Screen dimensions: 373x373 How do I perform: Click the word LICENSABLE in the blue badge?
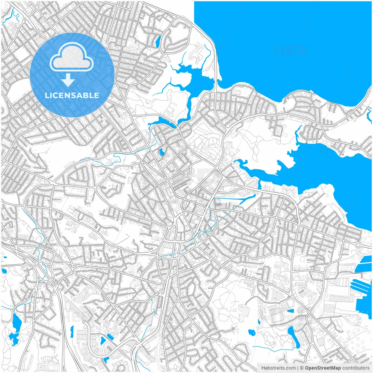pos(72,95)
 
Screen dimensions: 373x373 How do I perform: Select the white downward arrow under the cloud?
pos(68,80)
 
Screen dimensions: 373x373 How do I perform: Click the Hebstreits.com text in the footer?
pos(278,368)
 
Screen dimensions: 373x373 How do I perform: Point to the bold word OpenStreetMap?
pos(323,368)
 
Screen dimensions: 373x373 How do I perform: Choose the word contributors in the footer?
pos(356,368)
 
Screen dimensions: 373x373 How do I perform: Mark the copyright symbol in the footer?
pos(302,368)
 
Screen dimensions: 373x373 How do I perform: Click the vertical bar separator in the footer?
pos(298,368)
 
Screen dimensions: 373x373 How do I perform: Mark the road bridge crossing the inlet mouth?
pos(217,85)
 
